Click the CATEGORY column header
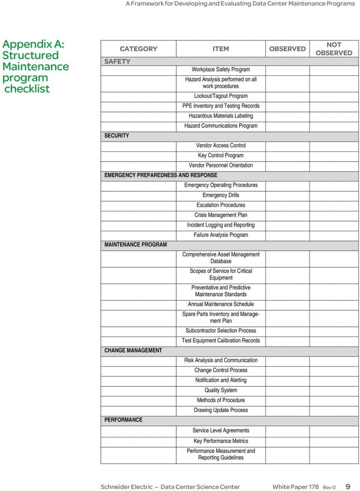click(x=138, y=49)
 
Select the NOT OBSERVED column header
click(x=334, y=49)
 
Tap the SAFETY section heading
click(x=117, y=61)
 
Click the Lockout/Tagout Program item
click(x=221, y=96)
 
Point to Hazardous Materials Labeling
click(x=221, y=116)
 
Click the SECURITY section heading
click(x=117, y=135)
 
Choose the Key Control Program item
click(x=221, y=155)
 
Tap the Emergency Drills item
click(x=221, y=195)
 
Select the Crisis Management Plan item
click(x=221, y=215)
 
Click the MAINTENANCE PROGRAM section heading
click(x=135, y=244)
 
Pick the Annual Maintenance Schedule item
click(x=221, y=304)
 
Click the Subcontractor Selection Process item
click(x=221, y=331)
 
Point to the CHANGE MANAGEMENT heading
click(x=133, y=350)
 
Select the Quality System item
click(x=221, y=390)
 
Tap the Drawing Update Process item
click(x=221, y=410)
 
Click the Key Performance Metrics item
click(x=221, y=441)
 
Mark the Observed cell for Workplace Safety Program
click(x=287, y=70)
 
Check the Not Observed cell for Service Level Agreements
click(x=334, y=431)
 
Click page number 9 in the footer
click(x=348, y=486)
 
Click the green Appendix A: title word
click(x=33, y=45)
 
